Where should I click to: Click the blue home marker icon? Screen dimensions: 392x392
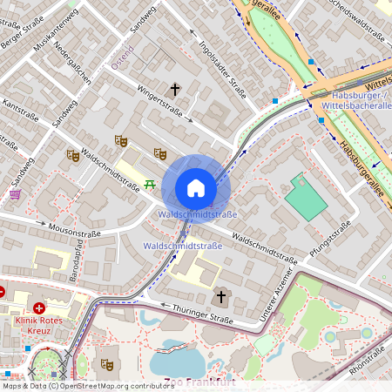point(196,188)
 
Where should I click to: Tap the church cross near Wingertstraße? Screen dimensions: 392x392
point(175,90)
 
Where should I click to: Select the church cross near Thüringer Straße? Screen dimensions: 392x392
point(221,298)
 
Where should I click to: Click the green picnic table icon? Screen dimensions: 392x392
point(151,184)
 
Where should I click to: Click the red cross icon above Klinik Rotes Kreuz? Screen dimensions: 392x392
point(39,308)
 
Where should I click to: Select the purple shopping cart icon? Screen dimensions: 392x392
point(15,195)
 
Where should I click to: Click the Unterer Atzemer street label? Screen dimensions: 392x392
point(277,300)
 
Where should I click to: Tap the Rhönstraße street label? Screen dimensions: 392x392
point(366,366)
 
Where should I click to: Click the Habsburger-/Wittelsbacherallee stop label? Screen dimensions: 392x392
point(357,98)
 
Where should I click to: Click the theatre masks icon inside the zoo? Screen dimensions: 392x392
point(107,364)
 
